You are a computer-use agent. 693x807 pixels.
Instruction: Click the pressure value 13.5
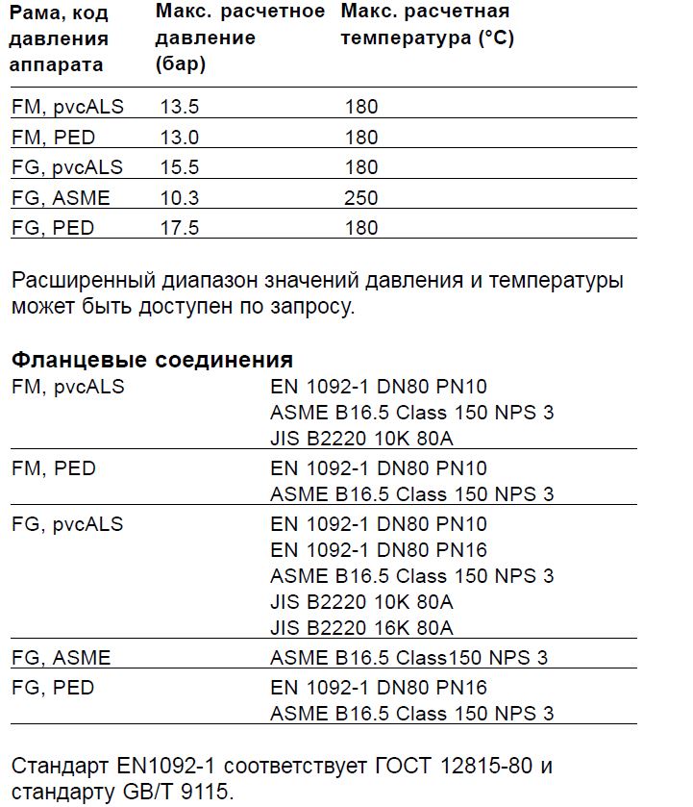point(180,107)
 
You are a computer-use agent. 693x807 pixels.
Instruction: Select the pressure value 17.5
point(180,228)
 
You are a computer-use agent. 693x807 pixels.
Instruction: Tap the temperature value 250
point(361,198)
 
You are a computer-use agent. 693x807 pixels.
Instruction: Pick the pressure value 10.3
point(180,198)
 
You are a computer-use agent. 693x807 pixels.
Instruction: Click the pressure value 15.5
point(180,167)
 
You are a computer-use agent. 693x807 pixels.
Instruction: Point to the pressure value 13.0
point(180,138)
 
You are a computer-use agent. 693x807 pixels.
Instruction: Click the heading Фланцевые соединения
point(152,361)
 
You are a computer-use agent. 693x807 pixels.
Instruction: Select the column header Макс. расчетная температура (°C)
point(428,25)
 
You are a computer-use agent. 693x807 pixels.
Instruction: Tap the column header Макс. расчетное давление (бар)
point(240,38)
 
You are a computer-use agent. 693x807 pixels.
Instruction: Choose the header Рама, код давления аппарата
point(60,39)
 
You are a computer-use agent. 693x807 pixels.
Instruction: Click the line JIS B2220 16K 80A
point(361,628)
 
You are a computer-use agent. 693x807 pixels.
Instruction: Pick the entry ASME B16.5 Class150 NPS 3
point(409,659)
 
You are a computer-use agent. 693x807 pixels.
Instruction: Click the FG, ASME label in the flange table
point(61,659)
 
